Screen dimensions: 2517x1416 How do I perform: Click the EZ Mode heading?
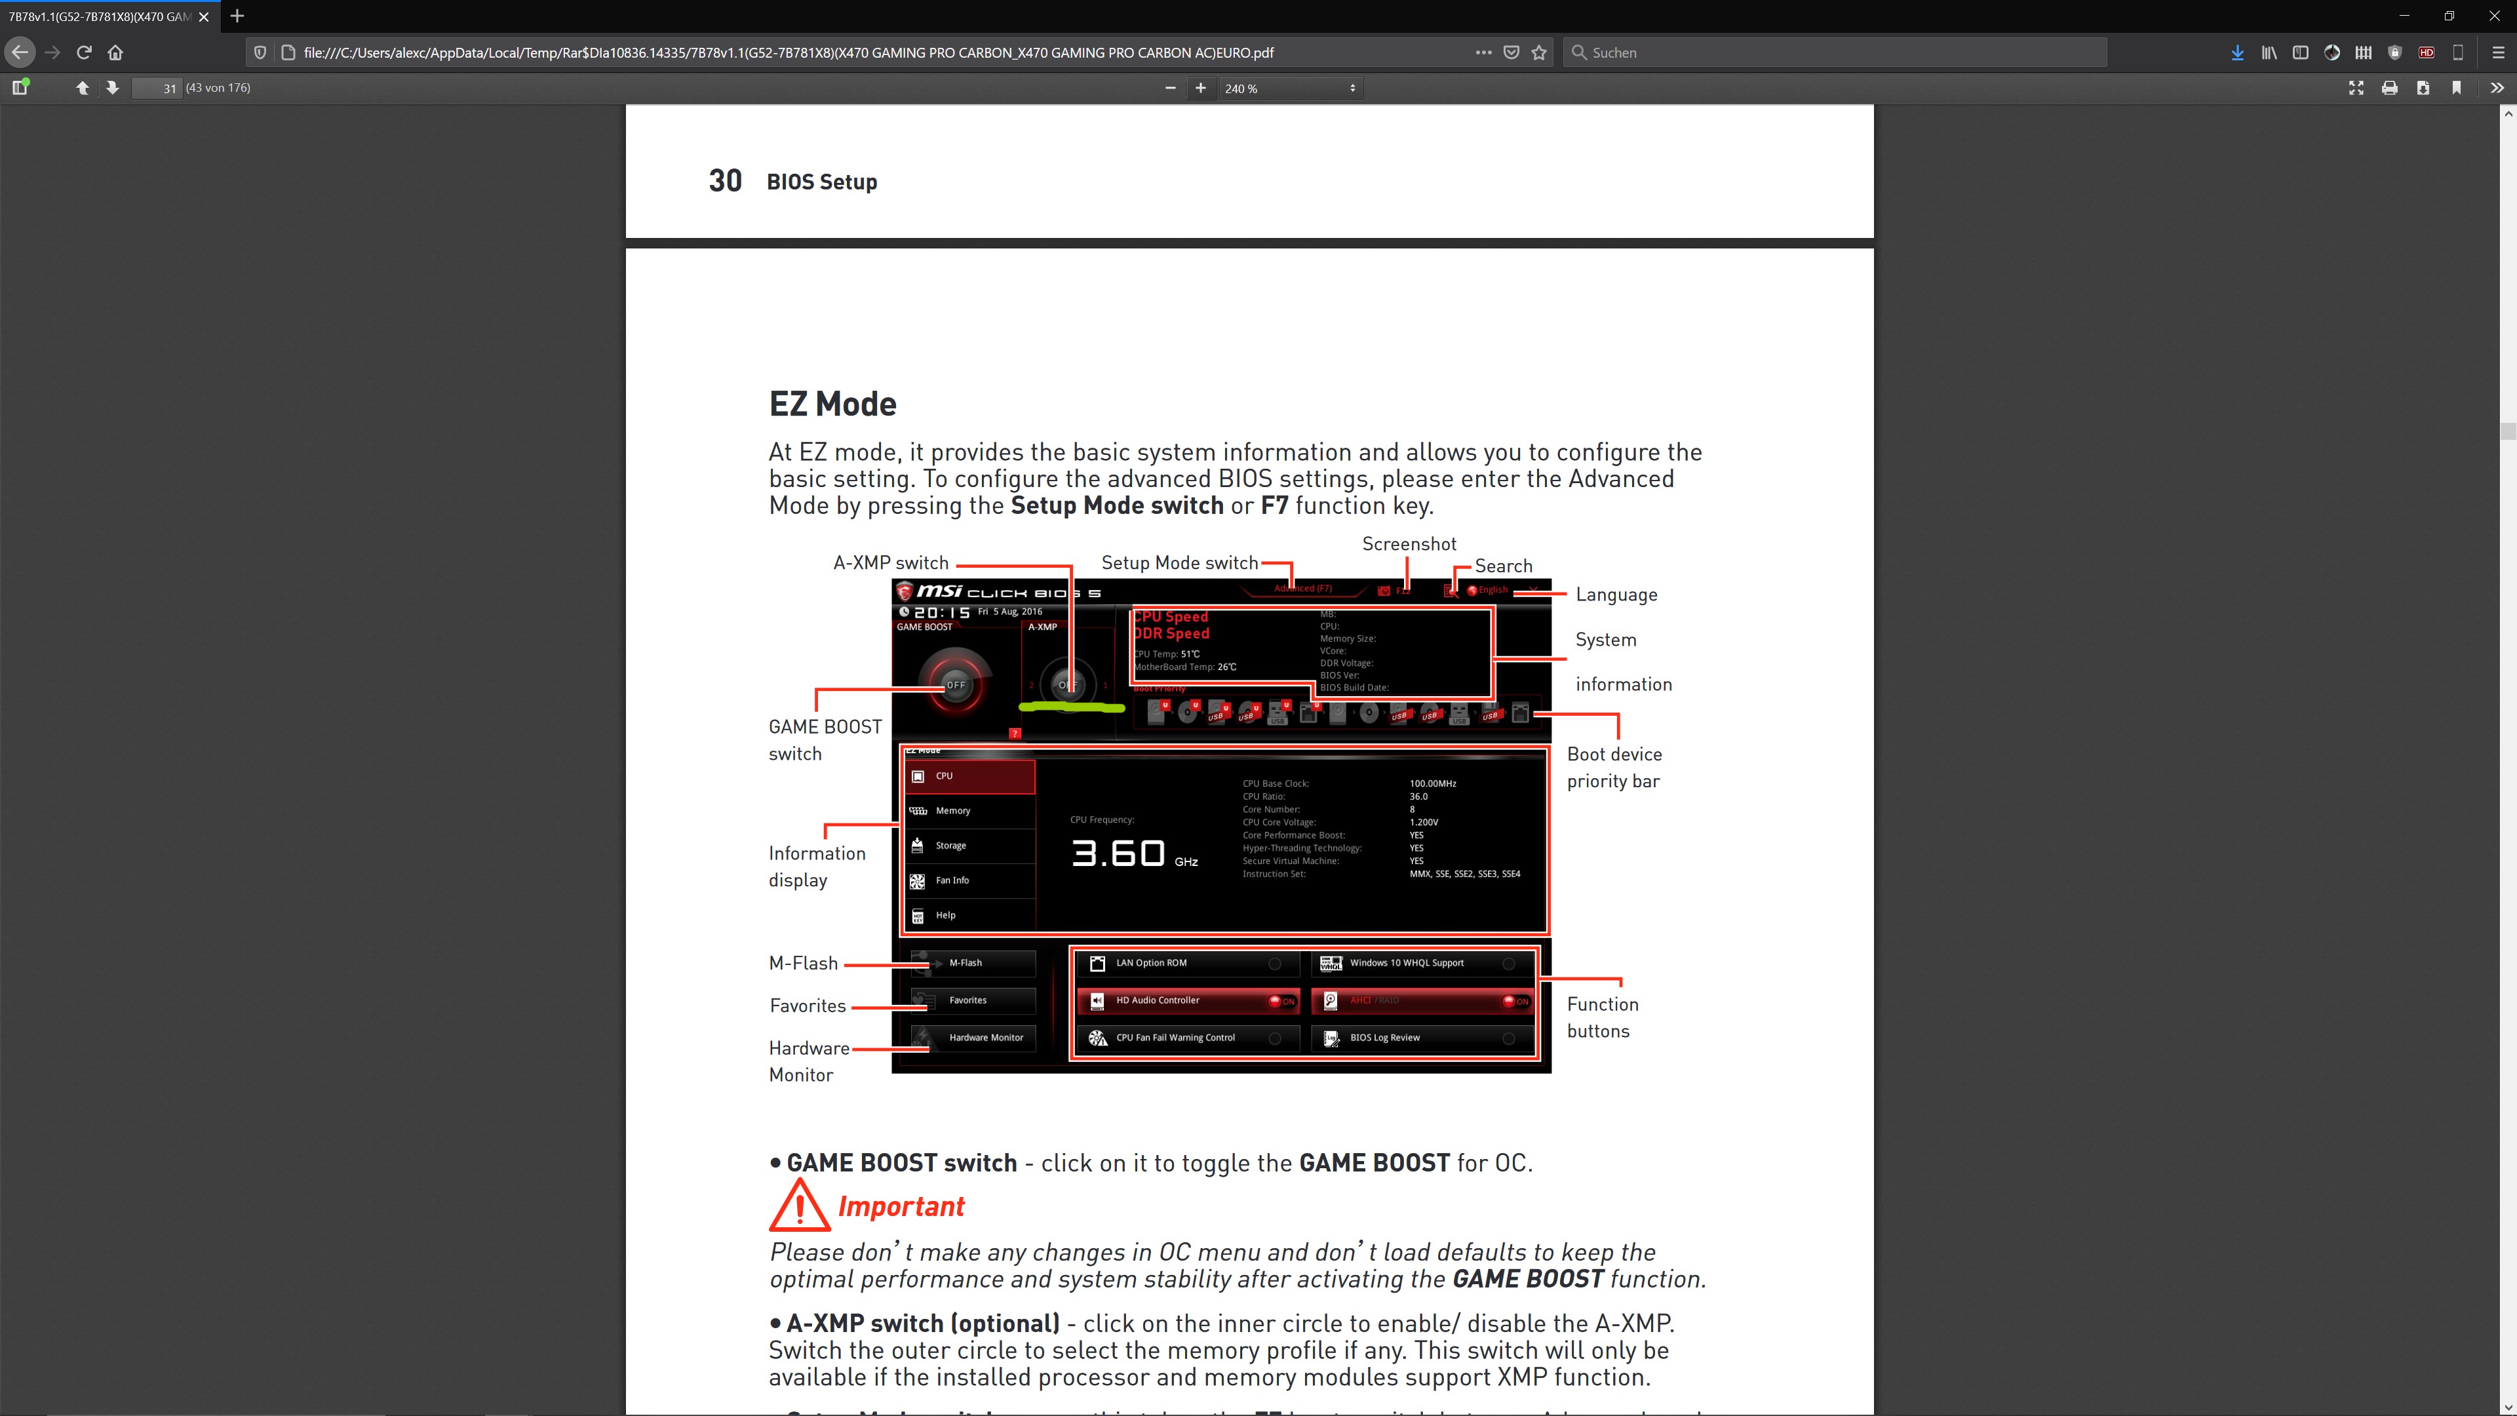pos(832,404)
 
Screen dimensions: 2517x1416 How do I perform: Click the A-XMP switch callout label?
pos(890,563)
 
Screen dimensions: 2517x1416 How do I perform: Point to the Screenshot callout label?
pos(1409,544)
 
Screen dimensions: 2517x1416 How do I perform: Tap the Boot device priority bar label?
pos(1614,767)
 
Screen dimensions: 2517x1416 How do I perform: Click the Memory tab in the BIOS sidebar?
pos(952,810)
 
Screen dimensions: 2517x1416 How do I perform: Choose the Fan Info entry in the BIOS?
pos(952,880)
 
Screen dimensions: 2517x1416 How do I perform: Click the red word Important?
pos(901,1207)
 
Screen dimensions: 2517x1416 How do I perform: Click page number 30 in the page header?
pos(725,181)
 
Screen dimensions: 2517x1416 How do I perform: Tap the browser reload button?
pos(84,52)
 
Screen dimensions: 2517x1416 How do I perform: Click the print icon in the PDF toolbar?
pos(2389,88)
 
